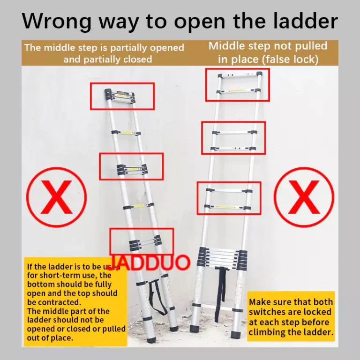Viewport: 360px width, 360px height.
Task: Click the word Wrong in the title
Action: (57, 21)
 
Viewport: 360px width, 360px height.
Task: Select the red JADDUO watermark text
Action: (149, 262)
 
